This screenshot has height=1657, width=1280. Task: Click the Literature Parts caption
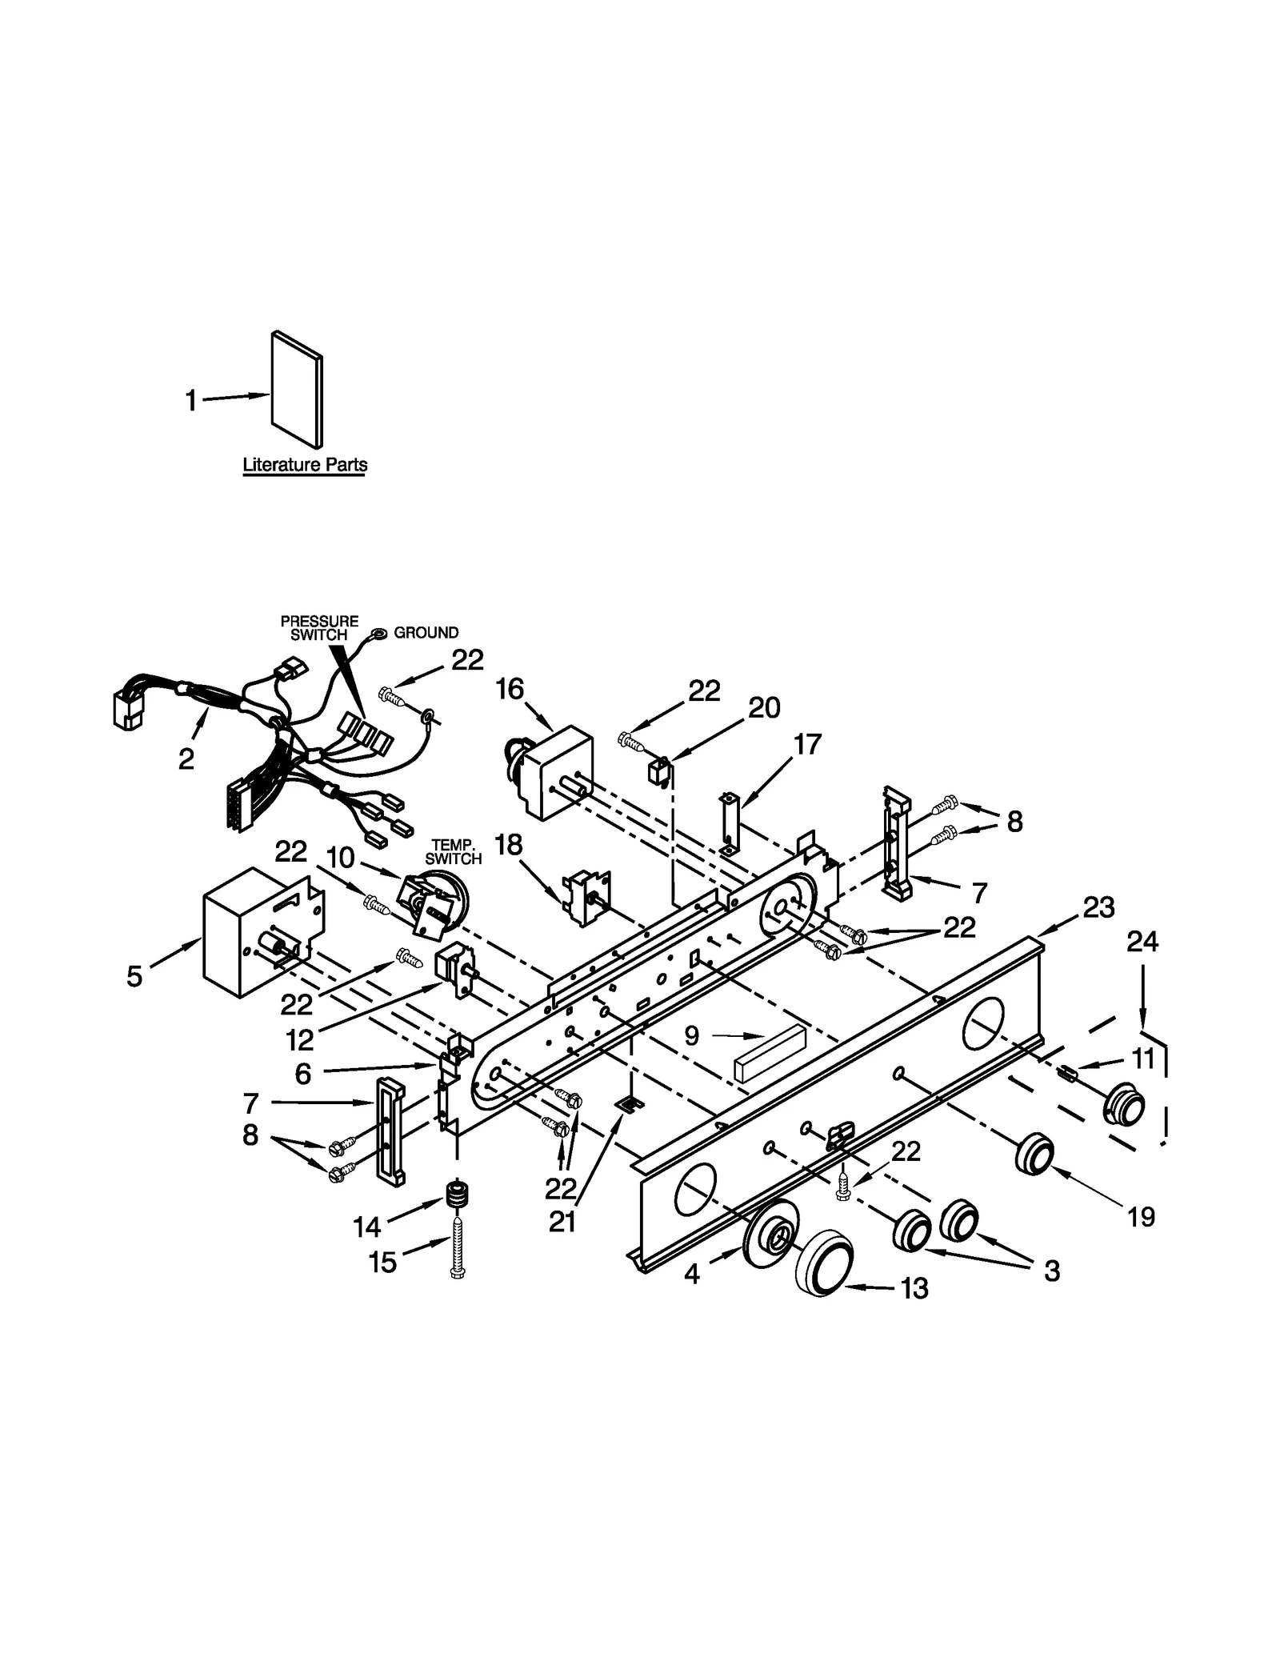305,464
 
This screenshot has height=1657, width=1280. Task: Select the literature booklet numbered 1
298,390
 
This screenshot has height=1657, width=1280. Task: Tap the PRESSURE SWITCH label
319,628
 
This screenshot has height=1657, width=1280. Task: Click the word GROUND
426,633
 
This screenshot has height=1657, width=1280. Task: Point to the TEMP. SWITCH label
453,852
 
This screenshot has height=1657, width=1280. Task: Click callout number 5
134,976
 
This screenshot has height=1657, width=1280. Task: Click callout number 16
510,689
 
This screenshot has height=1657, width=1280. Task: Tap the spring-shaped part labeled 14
456,1197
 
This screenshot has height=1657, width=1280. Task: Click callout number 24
1142,943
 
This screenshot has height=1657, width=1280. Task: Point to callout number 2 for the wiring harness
186,759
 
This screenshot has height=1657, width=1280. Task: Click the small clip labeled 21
630,1104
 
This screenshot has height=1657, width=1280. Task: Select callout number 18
509,845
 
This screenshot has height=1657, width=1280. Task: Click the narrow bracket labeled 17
729,824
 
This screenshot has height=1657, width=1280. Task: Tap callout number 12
300,1039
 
